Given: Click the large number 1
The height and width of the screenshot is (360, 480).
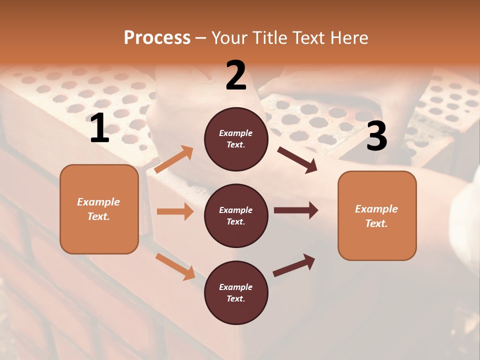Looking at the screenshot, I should click(x=99, y=128).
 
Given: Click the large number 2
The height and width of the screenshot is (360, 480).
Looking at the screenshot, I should click(x=236, y=75).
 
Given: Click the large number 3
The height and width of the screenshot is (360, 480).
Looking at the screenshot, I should click(x=376, y=136).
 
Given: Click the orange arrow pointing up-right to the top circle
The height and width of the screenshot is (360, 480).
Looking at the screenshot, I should click(x=174, y=159).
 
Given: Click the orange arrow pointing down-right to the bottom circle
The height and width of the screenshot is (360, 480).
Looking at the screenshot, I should click(x=175, y=266).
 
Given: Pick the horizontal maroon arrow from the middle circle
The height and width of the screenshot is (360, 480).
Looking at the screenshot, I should click(x=296, y=210).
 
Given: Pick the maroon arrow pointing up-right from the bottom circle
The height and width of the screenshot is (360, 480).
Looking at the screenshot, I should click(x=294, y=265).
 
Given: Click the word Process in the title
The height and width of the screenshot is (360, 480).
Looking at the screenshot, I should click(x=157, y=37).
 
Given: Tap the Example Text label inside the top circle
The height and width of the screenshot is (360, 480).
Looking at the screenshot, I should click(x=236, y=139).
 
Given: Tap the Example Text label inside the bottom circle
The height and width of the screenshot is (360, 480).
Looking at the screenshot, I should click(x=236, y=293).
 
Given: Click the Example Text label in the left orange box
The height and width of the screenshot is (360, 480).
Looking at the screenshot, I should click(x=98, y=209).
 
